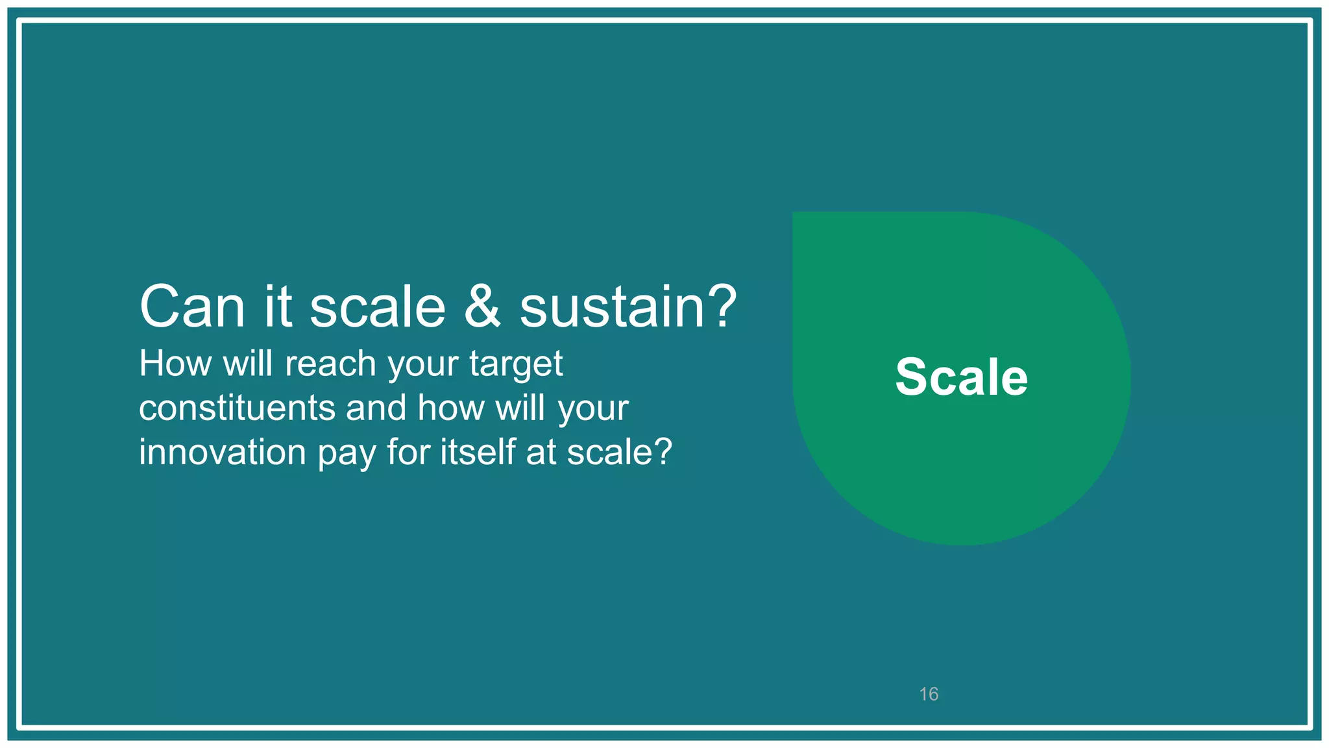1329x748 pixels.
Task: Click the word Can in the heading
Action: tap(192, 306)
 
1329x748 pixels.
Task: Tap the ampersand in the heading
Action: tap(482, 306)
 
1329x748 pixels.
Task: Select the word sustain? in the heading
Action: tap(628, 306)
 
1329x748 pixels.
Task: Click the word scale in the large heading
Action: tap(378, 306)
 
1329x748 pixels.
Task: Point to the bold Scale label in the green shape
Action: tap(961, 377)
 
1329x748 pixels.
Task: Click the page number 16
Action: tap(929, 694)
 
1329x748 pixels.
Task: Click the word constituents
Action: tap(237, 408)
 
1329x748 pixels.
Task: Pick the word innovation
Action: tap(222, 452)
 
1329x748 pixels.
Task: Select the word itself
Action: tap(479, 452)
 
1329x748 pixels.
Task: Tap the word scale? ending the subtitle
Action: tap(620, 452)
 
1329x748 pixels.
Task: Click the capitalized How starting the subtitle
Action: tap(175, 364)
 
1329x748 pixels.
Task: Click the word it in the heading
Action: tap(277, 306)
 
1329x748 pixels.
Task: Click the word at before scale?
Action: tap(541, 453)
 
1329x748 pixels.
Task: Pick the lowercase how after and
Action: tap(450, 408)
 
